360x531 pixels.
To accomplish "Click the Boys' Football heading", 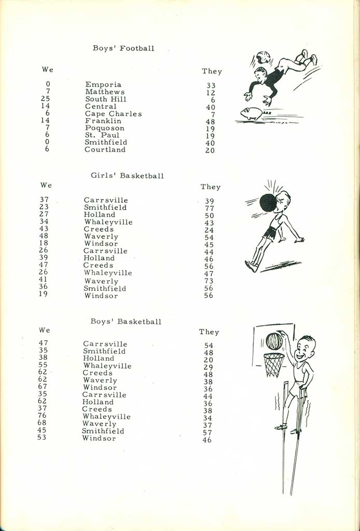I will tap(123, 48).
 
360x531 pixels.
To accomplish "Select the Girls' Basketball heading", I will tap(127, 175).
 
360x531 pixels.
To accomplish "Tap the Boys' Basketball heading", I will tap(126, 322).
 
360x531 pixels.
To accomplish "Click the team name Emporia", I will tap(103, 85).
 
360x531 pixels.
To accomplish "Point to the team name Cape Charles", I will tap(113, 114).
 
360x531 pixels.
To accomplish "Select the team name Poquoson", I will tap(105, 128).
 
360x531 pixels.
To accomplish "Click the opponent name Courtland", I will tap(105, 150).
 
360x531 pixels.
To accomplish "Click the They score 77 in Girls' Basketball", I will tap(209, 208).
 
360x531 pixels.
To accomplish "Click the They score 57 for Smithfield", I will tap(207, 432).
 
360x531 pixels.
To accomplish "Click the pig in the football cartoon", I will tap(252, 114).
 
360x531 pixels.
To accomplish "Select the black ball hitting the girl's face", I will tap(268, 202).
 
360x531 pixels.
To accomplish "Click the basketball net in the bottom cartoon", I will tap(274, 365).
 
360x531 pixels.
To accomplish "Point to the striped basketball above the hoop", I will tap(274, 341).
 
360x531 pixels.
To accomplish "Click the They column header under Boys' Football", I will tap(212, 72).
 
